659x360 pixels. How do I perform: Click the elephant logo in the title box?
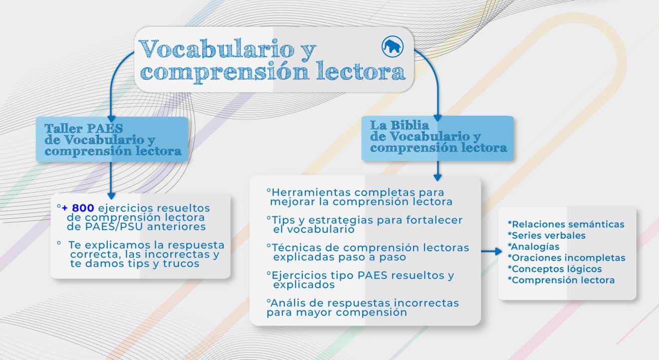[x=393, y=46]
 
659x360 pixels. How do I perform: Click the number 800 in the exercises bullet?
[x=83, y=208]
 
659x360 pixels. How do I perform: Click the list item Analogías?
[x=533, y=246]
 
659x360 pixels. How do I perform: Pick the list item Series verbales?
[x=547, y=235]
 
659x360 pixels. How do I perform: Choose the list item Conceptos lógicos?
[x=555, y=269]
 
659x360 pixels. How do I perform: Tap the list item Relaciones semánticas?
[x=566, y=224]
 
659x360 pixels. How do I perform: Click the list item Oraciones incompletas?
[x=566, y=258]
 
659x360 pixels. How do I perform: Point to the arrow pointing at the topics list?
[x=491, y=251]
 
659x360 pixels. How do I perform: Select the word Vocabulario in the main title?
[x=217, y=49]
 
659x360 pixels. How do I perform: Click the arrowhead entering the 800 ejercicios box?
[x=111, y=195]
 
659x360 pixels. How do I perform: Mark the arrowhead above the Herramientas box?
[x=438, y=178]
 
